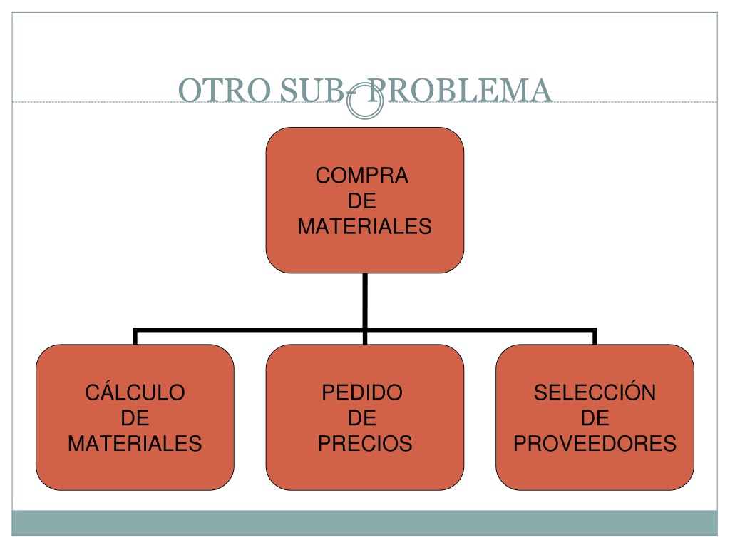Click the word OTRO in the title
click(x=225, y=90)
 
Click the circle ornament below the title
click(x=365, y=101)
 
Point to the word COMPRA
click(x=361, y=176)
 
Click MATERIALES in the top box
click(x=364, y=226)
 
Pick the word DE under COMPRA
click(x=361, y=201)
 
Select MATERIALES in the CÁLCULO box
click(x=135, y=443)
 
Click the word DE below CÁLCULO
click(x=135, y=418)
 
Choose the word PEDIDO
click(x=362, y=392)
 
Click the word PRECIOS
click(x=365, y=443)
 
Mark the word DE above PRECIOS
click(x=361, y=418)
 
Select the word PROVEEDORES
click(x=595, y=443)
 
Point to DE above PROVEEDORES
click(x=595, y=418)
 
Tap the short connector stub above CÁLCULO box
click(x=135, y=337)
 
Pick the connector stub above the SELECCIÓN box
click(x=595, y=337)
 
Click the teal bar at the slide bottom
click(x=364, y=523)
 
